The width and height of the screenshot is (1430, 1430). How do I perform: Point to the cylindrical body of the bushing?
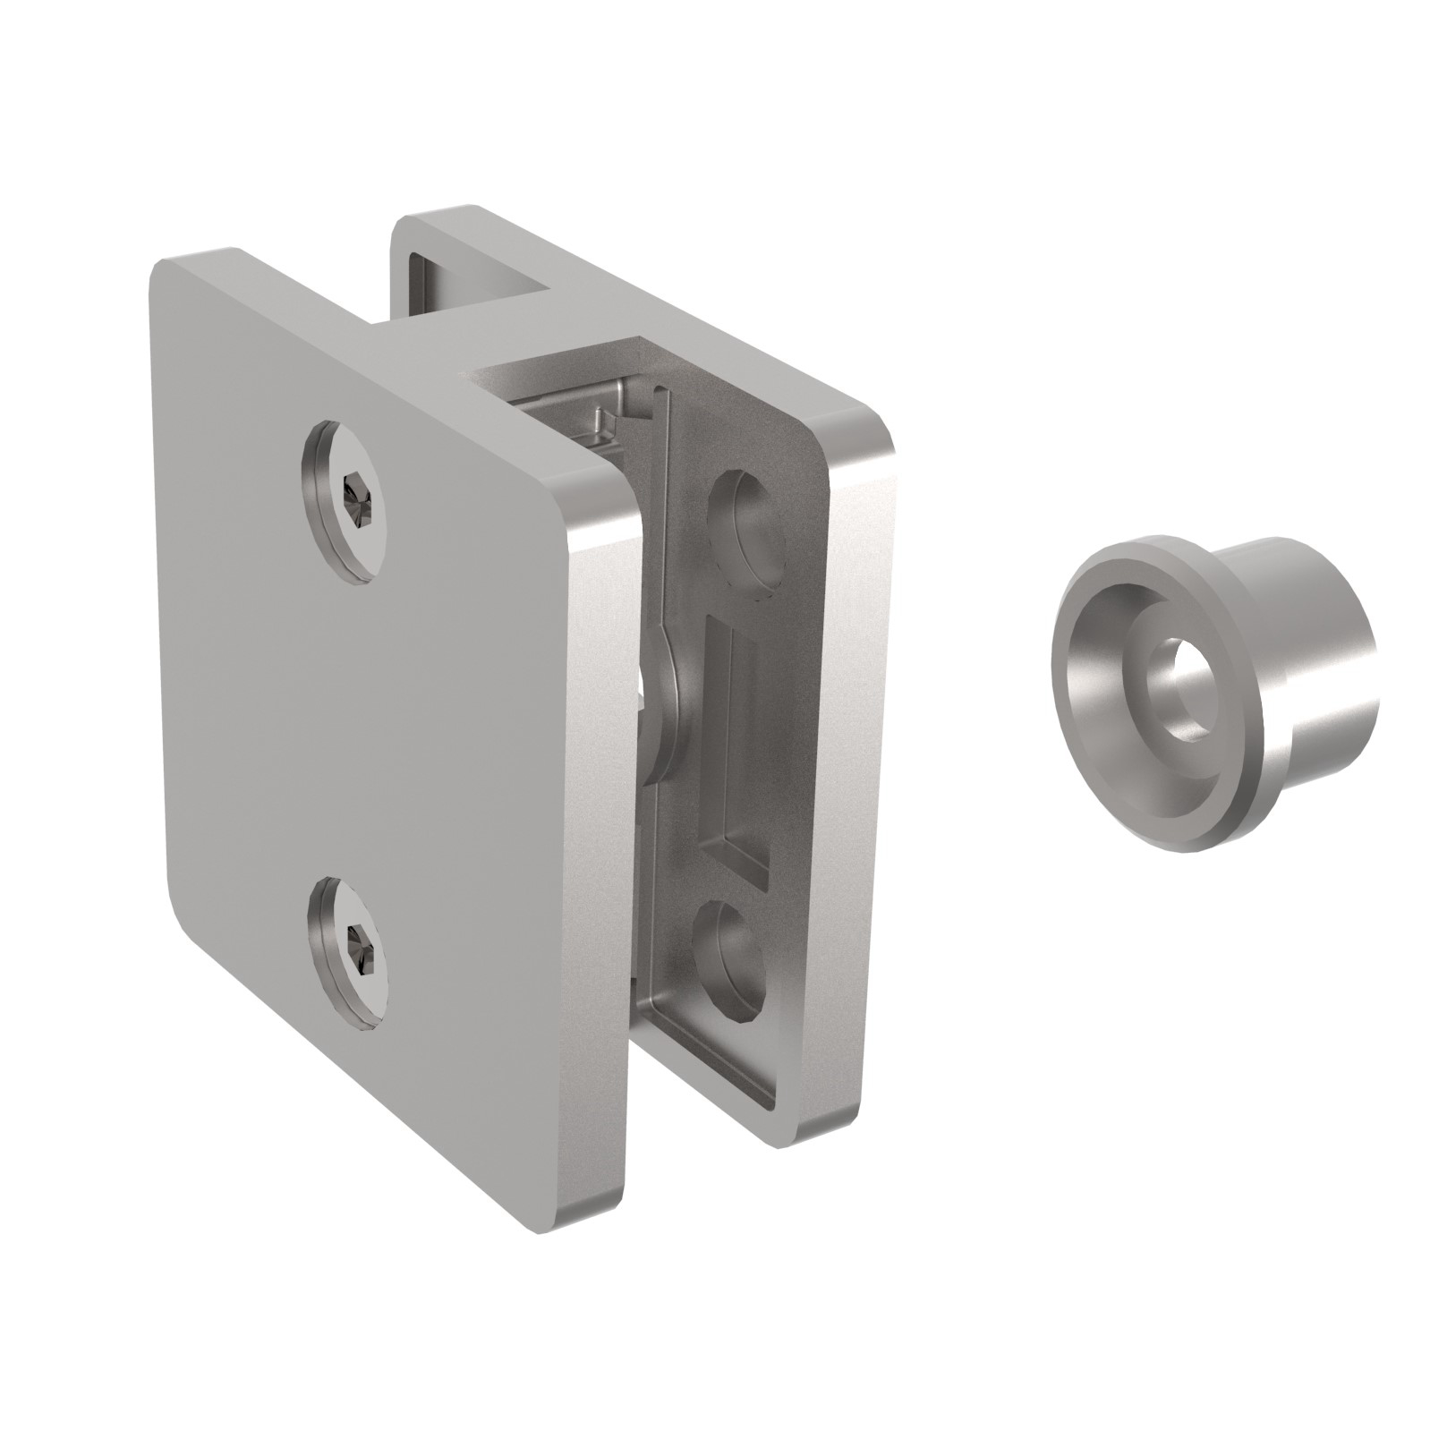pyautogui.click(x=1324, y=680)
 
